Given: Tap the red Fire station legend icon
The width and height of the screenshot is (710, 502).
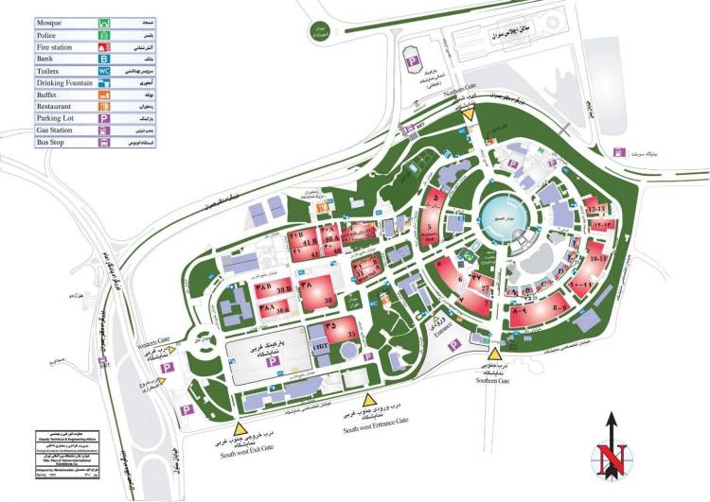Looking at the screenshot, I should [x=103, y=45].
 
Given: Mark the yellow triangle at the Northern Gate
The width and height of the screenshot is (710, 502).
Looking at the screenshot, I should [x=470, y=112].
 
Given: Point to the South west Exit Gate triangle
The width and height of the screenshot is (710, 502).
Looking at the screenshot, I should [x=253, y=407].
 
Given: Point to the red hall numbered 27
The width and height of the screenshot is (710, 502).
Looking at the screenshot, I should [x=484, y=284].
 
